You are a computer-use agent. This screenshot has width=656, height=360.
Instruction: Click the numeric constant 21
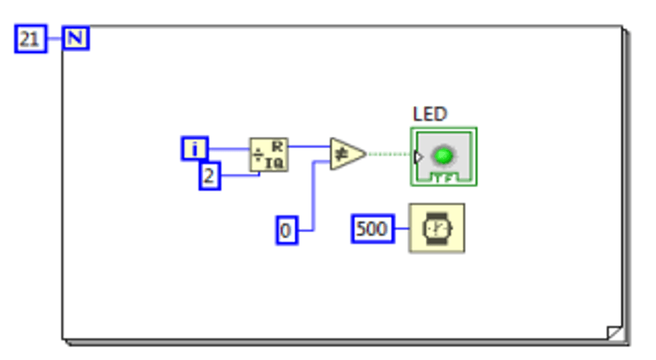tap(29, 39)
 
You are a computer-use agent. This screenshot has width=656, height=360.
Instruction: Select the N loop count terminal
tap(76, 39)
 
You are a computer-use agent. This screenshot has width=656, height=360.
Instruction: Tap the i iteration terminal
tap(194, 149)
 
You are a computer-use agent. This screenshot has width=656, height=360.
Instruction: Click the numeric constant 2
tap(209, 176)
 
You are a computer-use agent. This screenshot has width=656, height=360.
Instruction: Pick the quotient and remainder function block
tap(269, 155)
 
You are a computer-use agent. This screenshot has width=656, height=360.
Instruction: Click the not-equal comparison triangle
tap(345, 154)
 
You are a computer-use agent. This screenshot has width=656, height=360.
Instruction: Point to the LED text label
tap(429, 114)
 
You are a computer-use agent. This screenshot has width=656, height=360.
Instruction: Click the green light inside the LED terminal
tap(444, 156)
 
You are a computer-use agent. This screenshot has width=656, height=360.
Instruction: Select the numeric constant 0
tap(286, 230)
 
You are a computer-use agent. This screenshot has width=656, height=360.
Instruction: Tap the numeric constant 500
tap(372, 229)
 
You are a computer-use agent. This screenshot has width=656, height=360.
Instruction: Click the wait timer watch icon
tap(436, 229)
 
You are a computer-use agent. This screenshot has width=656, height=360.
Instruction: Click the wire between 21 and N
tap(55, 39)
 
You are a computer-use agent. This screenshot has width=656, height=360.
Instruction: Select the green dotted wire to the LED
tap(388, 154)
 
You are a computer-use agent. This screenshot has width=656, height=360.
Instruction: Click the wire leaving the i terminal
tap(229, 149)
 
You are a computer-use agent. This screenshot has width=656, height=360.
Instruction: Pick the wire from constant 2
tap(238, 176)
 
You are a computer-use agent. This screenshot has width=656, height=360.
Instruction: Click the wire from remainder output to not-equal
tap(309, 146)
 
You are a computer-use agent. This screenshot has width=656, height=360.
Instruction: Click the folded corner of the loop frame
tap(615, 333)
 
